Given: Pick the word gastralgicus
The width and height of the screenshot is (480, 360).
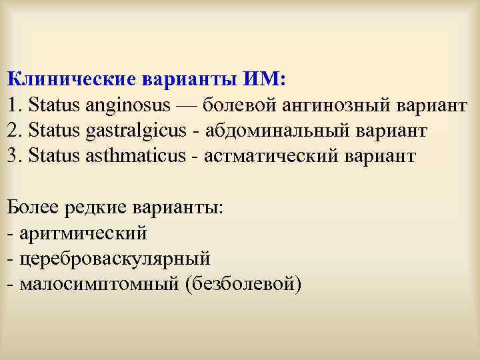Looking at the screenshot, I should (136, 131).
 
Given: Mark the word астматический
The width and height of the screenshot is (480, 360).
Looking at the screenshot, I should (272, 156).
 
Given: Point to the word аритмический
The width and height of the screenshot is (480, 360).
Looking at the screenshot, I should (83, 233).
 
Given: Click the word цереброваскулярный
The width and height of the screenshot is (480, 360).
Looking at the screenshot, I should (115, 259).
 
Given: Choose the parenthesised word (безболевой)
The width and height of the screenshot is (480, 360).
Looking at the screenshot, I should (244, 285).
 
